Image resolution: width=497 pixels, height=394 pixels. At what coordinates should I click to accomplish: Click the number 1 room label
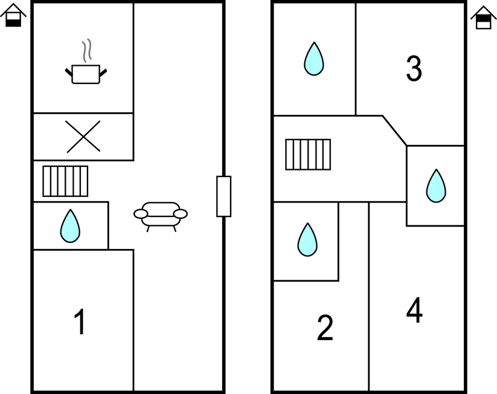pos(79,322)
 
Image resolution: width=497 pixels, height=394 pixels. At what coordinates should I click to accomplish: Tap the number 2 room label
pos(325,328)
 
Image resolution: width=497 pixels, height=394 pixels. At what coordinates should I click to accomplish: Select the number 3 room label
pos(414,69)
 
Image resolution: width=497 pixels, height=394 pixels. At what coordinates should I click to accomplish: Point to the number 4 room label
pos(414,311)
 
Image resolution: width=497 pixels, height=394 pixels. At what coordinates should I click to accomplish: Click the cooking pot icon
pos(85,73)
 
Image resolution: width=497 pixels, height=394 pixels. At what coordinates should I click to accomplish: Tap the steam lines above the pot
pos(88,51)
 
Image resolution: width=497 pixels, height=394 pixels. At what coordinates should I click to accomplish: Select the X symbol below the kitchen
pos(83,136)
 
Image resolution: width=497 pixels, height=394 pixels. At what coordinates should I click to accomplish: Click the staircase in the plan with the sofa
pos(65,181)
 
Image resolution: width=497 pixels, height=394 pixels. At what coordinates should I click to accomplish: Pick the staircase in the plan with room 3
pos(308,154)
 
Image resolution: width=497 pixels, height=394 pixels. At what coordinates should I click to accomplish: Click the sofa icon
pos(161,215)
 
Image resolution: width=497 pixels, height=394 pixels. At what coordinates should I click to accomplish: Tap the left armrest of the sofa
pos(140,214)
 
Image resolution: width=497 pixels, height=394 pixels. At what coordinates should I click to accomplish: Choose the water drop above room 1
pos(70,226)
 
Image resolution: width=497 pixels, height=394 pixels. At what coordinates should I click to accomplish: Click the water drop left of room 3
pos(313,59)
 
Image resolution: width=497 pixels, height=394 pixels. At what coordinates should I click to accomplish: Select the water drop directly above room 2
pos(307,239)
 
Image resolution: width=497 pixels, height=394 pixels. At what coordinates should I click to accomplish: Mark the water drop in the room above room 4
pos(435,186)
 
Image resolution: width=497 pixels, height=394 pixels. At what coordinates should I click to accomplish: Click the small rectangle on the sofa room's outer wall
pos(223,196)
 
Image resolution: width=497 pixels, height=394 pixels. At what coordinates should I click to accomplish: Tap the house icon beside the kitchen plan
pos(13,16)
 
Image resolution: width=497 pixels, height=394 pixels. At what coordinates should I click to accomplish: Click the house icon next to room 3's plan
pos(483,18)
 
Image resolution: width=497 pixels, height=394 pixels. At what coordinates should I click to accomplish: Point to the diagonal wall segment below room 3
pos(394,130)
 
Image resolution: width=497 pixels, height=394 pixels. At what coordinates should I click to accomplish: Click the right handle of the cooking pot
pos(103,73)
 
